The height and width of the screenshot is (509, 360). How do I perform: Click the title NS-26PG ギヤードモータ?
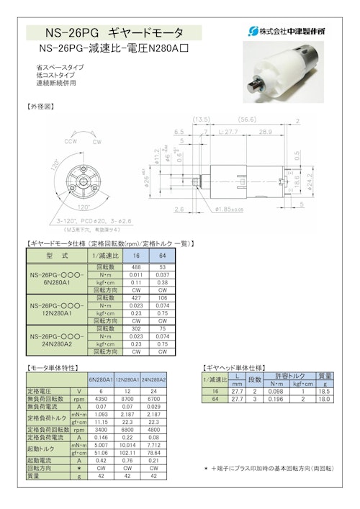click(x=114, y=32)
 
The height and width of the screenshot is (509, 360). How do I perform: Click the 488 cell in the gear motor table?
click(x=135, y=267)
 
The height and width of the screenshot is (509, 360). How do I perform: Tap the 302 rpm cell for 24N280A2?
click(x=135, y=329)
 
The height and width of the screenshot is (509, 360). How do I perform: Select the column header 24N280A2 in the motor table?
click(x=153, y=379)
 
